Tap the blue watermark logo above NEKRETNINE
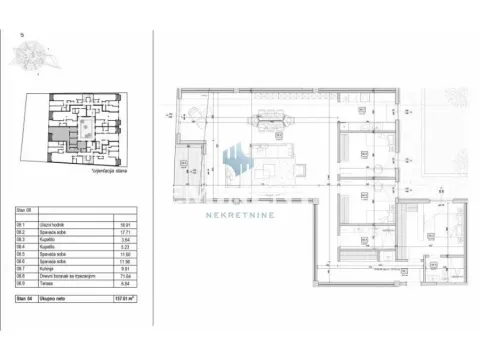click(x=238, y=160)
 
